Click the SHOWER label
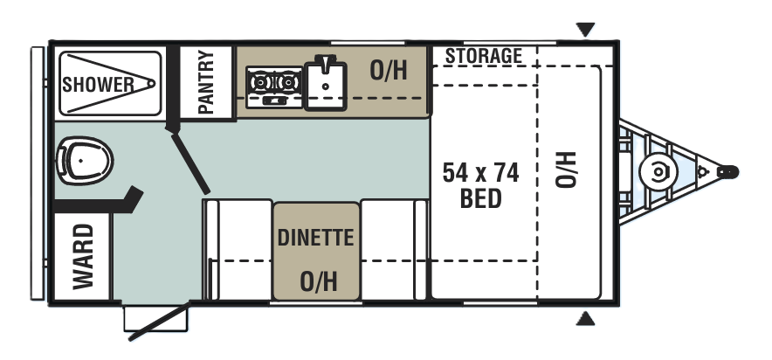pos(98,85)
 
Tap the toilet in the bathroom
pos(85,161)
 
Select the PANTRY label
pos(206,82)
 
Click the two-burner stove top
pos(274,87)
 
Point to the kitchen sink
pos(326,84)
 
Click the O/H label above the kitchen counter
pos(389,71)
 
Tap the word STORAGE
pos(484,56)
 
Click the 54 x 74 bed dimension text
pos(480,173)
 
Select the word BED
pos(480,198)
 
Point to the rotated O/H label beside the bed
pos(566,170)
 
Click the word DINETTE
pos(315,238)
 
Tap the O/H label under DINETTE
pos(319,281)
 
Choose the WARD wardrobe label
pos(83,257)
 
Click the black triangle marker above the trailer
pos(585,30)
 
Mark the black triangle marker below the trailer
pos(585,319)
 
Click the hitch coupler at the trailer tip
pos(727,172)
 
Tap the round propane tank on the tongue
pos(658,172)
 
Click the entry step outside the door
pos(155,318)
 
